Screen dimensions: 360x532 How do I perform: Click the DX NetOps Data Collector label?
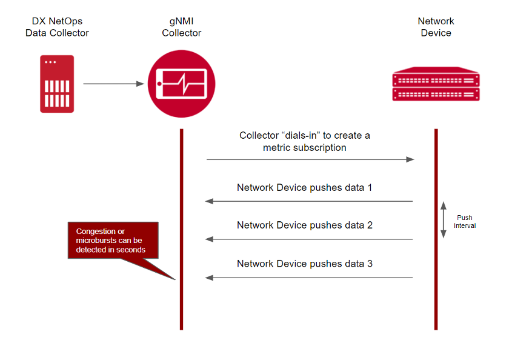click(57, 27)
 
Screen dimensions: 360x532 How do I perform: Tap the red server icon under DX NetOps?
click(57, 84)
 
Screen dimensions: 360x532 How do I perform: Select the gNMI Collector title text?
click(181, 27)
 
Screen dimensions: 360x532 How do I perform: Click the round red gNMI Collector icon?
click(182, 84)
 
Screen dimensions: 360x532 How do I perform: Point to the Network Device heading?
click(436, 27)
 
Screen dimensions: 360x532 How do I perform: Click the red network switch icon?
click(436, 87)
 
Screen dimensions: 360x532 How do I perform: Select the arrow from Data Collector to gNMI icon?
click(114, 84)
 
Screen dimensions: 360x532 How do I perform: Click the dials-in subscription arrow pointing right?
click(310, 159)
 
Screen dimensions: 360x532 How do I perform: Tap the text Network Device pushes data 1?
click(304, 187)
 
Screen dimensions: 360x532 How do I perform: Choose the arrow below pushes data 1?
click(309, 201)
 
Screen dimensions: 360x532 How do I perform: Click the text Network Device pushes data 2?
click(304, 225)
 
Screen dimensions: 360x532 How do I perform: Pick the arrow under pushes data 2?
click(309, 239)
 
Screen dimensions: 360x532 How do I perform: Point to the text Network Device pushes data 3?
click(304, 264)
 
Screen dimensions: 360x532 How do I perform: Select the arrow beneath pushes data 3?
click(309, 278)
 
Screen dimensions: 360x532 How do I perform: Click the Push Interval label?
click(465, 221)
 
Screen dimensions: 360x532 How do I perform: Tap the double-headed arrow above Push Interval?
click(443, 219)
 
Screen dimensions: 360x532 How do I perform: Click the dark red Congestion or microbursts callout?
click(113, 240)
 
